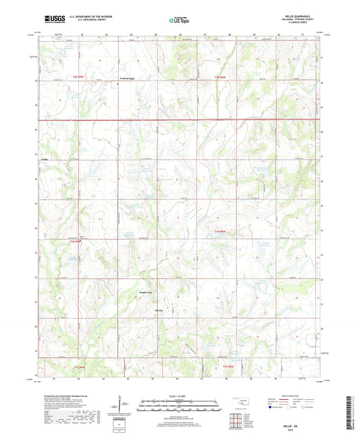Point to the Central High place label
tap(127, 79)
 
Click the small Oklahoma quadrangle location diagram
tap(237, 403)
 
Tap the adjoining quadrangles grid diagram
tap(237, 420)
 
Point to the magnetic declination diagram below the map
tap(120, 405)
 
